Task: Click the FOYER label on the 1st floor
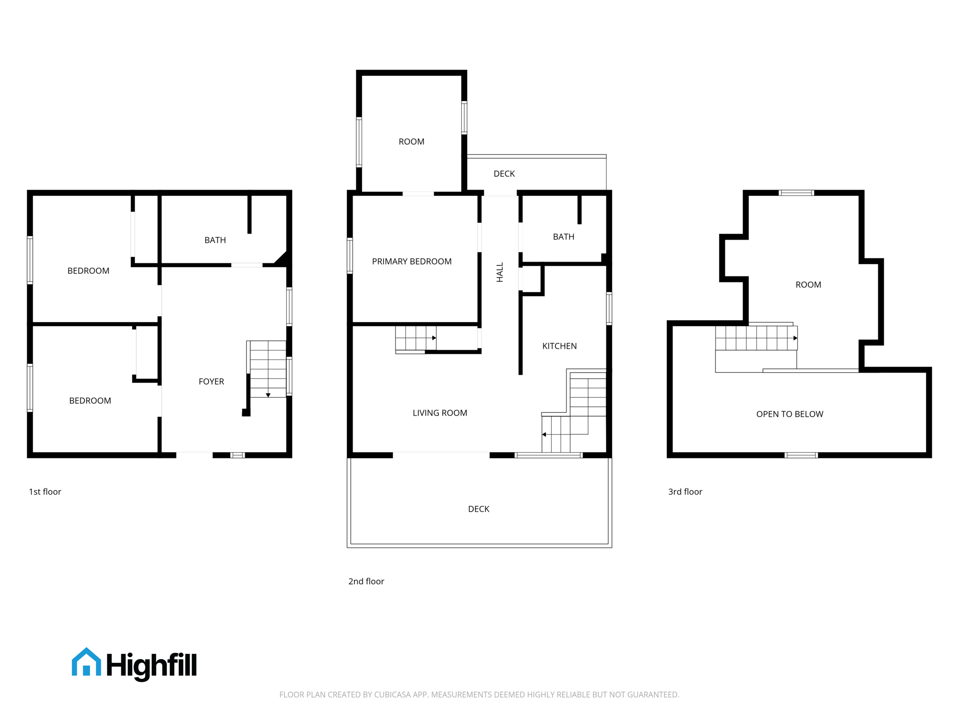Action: pyautogui.click(x=211, y=382)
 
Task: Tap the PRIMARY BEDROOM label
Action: pyautogui.click(x=412, y=262)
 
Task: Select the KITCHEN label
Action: pyautogui.click(x=559, y=346)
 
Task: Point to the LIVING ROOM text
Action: pyautogui.click(x=440, y=413)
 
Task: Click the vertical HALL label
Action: pyautogui.click(x=500, y=272)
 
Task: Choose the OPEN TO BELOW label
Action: pyautogui.click(x=789, y=414)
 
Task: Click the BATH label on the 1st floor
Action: pyautogui.click(x=215, y=240)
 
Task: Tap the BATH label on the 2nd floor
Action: pyautogui.click(x=563, y=237)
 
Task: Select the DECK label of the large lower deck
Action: pyautogui.click(x=479, y=509)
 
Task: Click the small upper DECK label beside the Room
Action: pyautogui.click(x=504, y=174)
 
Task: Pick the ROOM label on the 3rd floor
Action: pyautogui.click(x=808, y=285)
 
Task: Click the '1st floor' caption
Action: pyautogui.click(x=45, y=492)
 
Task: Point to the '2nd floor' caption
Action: pyautogui.click(x=366, y=581)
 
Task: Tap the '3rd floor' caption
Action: pyautogui.click(x=685, y=492)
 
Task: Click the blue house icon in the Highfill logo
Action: pyautogui.click(x=86, y=662)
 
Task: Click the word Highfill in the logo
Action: pyautogui.click(x=152, y=665)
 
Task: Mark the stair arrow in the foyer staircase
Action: pyautogui.click(x=268, y=395)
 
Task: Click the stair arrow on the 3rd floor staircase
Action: pyautogui.click(x=795, y=338)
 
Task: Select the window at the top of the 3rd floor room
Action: pyautogui.click(x=796, y=193)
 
